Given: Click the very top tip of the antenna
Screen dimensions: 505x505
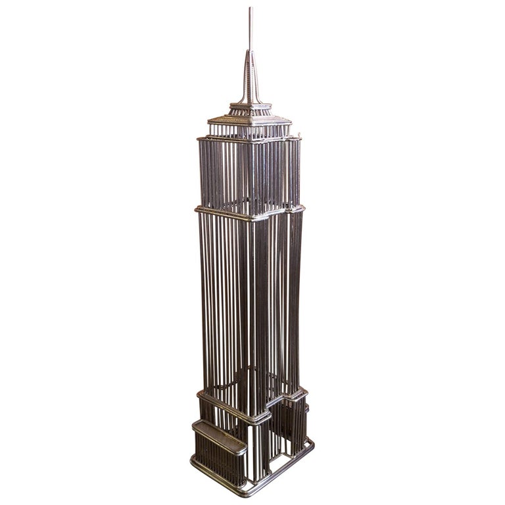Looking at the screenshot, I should click(250, 8).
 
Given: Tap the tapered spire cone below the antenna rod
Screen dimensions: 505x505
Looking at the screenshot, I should click(250, 79).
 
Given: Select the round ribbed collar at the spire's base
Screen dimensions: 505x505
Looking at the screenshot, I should click(250, 107).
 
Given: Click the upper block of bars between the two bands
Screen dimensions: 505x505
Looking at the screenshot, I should click(250, 174).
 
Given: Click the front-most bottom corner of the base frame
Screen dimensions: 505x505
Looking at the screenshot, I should click(247, 492).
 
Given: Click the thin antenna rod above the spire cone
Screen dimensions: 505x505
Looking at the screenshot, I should click(250, 30).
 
